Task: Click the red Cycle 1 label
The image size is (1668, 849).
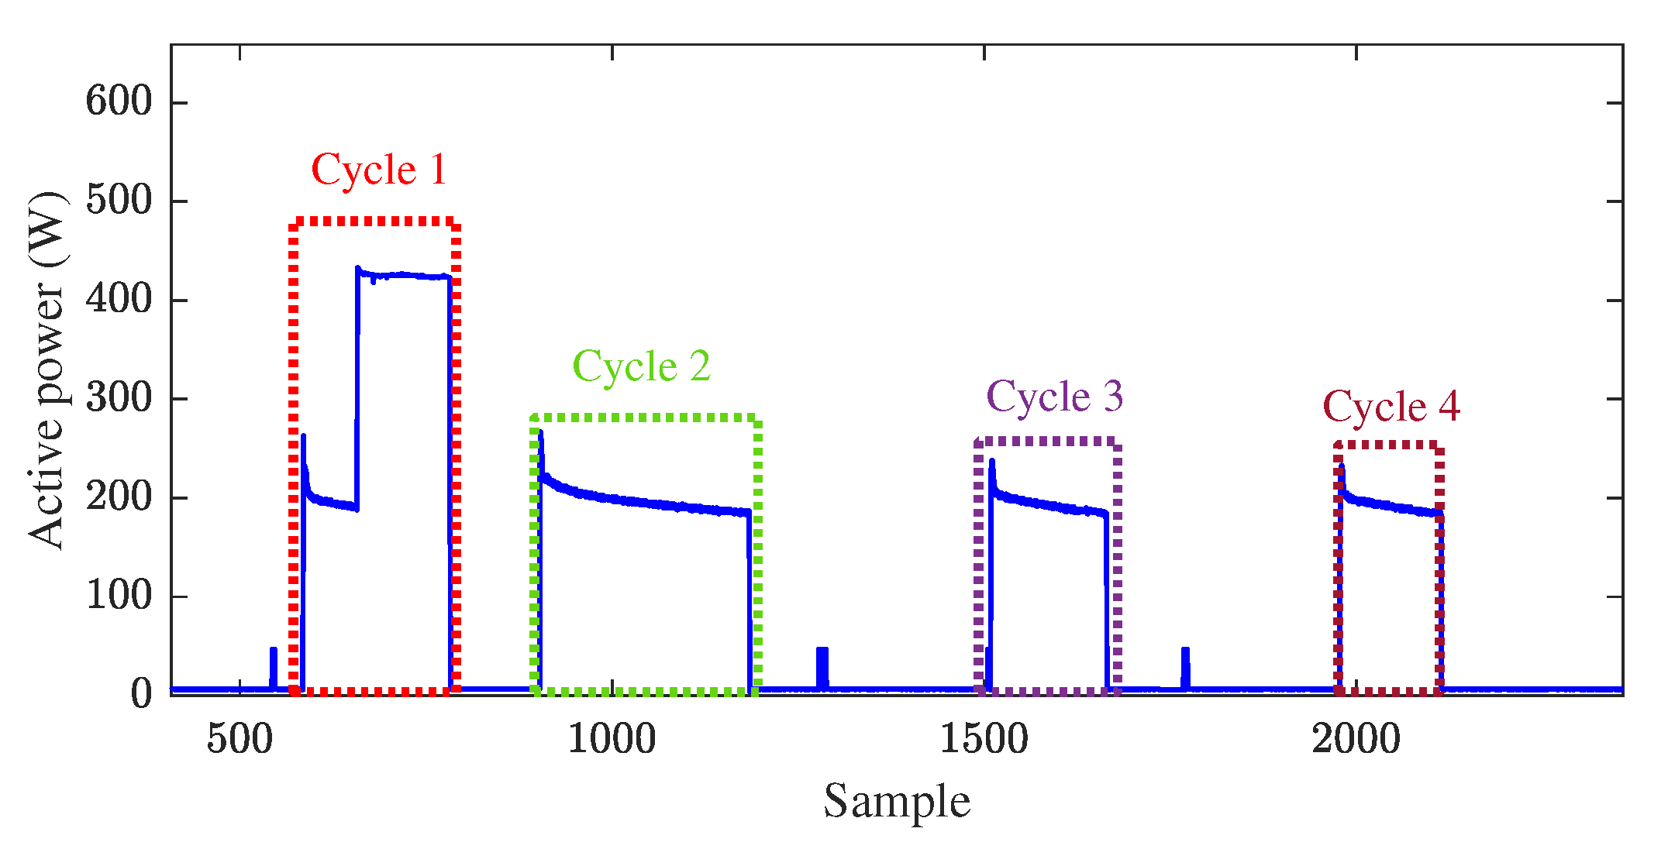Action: [379, 170]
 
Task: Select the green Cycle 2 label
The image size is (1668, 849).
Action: [641, 366]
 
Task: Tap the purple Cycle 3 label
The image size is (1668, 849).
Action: [1054, 397]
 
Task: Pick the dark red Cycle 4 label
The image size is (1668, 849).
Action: [1391, 407]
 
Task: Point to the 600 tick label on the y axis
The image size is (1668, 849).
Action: [119, 101]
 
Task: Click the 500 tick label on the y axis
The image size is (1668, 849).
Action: [119, 201]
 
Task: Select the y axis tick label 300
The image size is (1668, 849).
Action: [119, 398]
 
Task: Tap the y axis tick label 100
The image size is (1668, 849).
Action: [119, 596]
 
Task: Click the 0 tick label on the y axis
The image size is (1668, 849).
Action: [141, 693]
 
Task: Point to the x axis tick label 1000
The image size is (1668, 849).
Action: [612, 739]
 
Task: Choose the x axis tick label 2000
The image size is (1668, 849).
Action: [1356, 739]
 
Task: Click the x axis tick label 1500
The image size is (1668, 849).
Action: [984, 739]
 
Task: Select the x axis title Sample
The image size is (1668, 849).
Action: [896, 802]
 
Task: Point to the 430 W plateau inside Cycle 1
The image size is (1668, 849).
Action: [403, 275]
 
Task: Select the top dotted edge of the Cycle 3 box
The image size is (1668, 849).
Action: [1046, 442]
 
